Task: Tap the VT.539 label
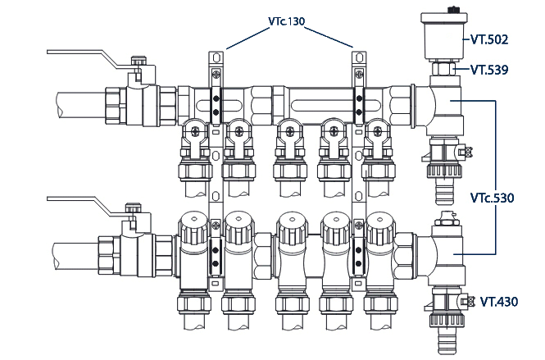tap(489, 71)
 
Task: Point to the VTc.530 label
tap(493, 198)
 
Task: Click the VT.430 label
tap(501, 302)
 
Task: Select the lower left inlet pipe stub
tap(74, 249)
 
